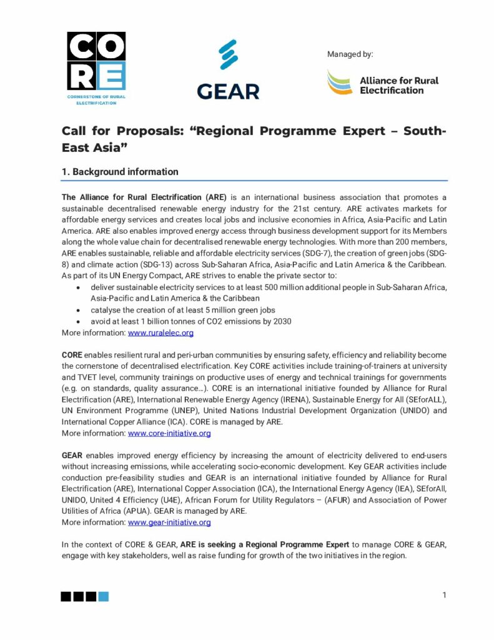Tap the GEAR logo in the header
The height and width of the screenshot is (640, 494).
pyautogui.click(x=228, y=69)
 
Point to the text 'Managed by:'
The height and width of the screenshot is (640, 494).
pyautogui.click(x=350, y=54)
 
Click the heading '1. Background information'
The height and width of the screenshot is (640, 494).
pyautogui.click(x=119, y=172)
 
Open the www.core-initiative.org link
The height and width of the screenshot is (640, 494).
pyautogui.click(x=169, y=433)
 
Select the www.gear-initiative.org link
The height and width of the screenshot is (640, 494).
pyautogui.click(x=169, y=522)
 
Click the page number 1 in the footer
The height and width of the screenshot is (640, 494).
pyautogui.click(x=444, y=595)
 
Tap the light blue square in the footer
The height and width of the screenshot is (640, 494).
pyautogui.click(x=104, y=597)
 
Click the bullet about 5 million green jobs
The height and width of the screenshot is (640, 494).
pyautogui.click(x=183, y=310)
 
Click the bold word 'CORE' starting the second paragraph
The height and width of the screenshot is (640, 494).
pyautogui.click(x=72, y=355)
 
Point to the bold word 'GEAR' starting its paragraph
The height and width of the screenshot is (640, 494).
pyautogui.click(x=72, y=456)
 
